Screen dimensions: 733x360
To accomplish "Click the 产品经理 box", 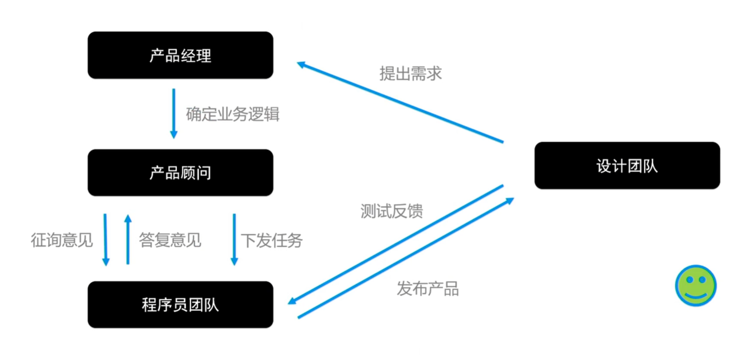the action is pyautogui.click(x=180, y=55).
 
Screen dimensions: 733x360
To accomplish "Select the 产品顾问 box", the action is pyautogui.click(x=180, y=173).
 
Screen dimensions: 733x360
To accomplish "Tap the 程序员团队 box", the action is pyautogui.click(x=180, y=305).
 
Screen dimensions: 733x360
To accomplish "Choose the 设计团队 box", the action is pyautogui.click(x=627, y=165).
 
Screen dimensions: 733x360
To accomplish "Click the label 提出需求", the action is pyautogui.click(x=410, y=73).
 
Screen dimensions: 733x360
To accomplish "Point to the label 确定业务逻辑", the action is pyautogui.click(x=232, y=114).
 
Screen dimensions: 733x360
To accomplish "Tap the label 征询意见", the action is pyautogui.click(x=62, y=240).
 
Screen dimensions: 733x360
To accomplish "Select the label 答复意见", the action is pyautogui.click(x=170, y=240).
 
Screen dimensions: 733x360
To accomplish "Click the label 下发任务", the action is pyautogui.click(x=271, y=240).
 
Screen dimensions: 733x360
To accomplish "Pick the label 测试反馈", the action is pyautogui.click(x=391, y=211).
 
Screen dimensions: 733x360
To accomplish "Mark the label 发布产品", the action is pyautogui.click(x=427, y=288).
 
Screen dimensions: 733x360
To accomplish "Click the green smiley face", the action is pyautogui.click(x=695, y=285).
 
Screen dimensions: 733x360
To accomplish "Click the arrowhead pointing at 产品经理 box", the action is pyautogui.click(x=301, y=64).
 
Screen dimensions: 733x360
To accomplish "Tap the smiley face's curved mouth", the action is pyautogui.click(x=696, y=296).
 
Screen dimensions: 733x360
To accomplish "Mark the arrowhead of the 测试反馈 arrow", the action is pyautogui.click(x=292, y=301).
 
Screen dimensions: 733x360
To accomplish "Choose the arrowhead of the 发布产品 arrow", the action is pyautogui.click(x=510, y=201).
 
